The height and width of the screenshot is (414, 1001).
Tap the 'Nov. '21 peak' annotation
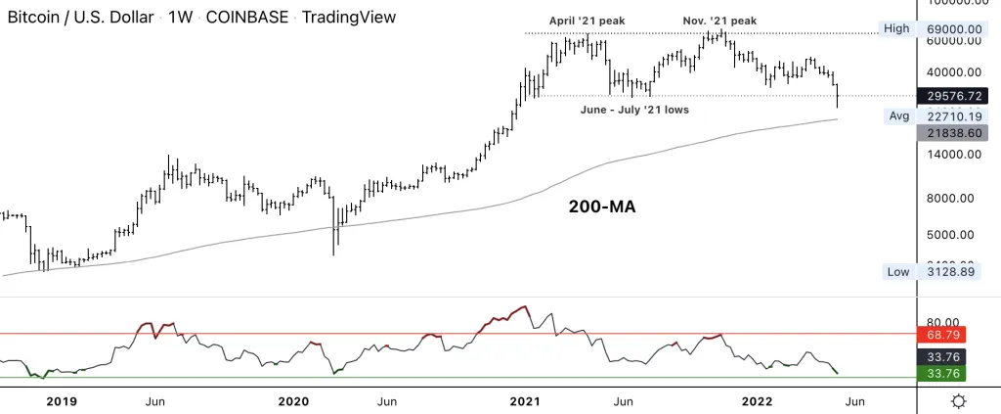point(718,20)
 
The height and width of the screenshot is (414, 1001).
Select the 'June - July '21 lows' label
point(634,110)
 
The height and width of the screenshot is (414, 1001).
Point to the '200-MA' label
point(603,207)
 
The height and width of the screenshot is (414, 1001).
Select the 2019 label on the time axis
point(61,401)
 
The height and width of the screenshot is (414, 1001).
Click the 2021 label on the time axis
point(526,401)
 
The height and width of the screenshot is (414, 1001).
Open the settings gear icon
point(959,400)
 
